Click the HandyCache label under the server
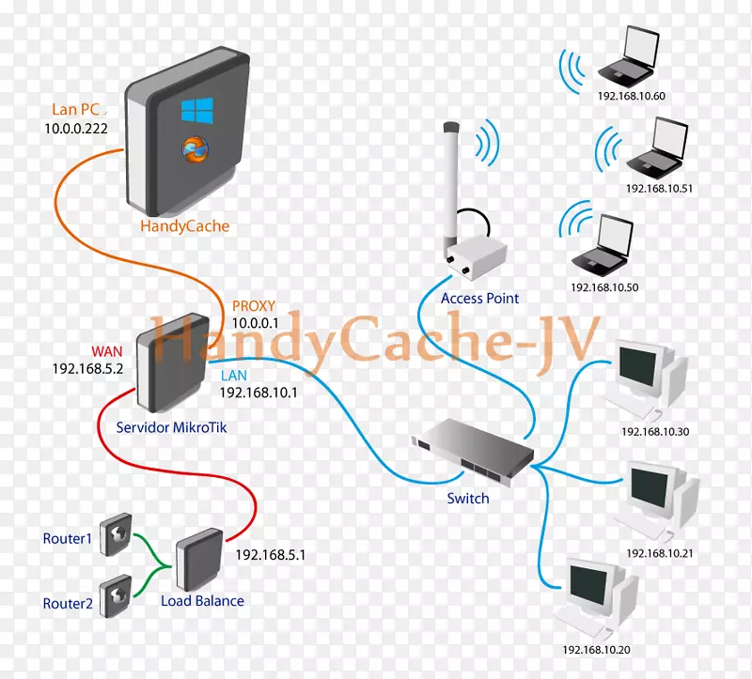[183, 226]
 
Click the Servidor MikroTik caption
[170, 426]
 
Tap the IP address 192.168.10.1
[258, 393]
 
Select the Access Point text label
[479, 299]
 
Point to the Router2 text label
[68, 603]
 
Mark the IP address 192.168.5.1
[270, 554]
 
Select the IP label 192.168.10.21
[659, 552]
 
